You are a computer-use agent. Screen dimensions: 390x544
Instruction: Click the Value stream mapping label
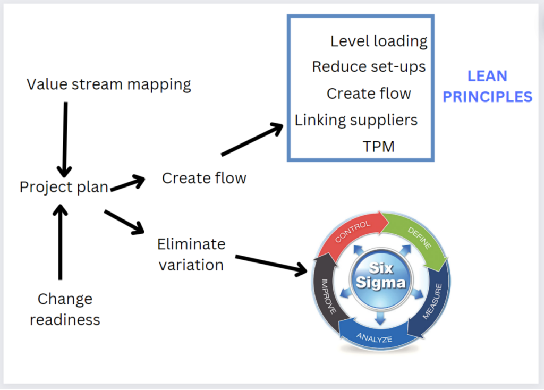109,84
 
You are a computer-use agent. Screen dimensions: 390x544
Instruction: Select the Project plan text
64,187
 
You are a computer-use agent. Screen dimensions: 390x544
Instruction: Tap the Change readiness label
65,309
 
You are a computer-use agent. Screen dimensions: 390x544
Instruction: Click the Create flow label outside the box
204,178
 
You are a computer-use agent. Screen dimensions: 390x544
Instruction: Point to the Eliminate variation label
191,254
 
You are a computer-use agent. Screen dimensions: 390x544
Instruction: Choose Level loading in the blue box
379,41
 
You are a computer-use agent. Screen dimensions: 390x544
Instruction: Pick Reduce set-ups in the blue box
369,67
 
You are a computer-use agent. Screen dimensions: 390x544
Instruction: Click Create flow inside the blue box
369,94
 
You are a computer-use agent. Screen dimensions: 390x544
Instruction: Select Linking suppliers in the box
356,120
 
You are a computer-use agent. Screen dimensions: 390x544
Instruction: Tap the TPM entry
379,146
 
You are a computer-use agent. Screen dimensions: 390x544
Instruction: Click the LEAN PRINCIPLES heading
487,87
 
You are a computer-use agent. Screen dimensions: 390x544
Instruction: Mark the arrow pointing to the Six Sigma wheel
271,265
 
